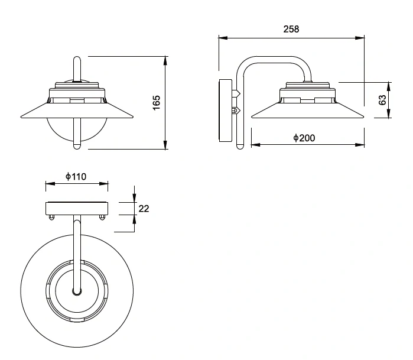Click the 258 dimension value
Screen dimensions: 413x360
291,29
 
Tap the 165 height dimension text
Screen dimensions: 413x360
157,103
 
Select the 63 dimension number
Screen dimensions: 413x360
382,100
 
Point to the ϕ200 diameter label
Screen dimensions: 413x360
304,138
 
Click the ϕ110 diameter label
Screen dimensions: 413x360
76,176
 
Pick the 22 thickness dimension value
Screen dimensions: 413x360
144,209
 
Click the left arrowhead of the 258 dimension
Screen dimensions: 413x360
223,38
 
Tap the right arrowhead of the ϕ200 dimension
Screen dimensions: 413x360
360,145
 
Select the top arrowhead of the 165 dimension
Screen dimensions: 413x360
165,61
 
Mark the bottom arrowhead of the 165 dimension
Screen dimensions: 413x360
165,145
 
